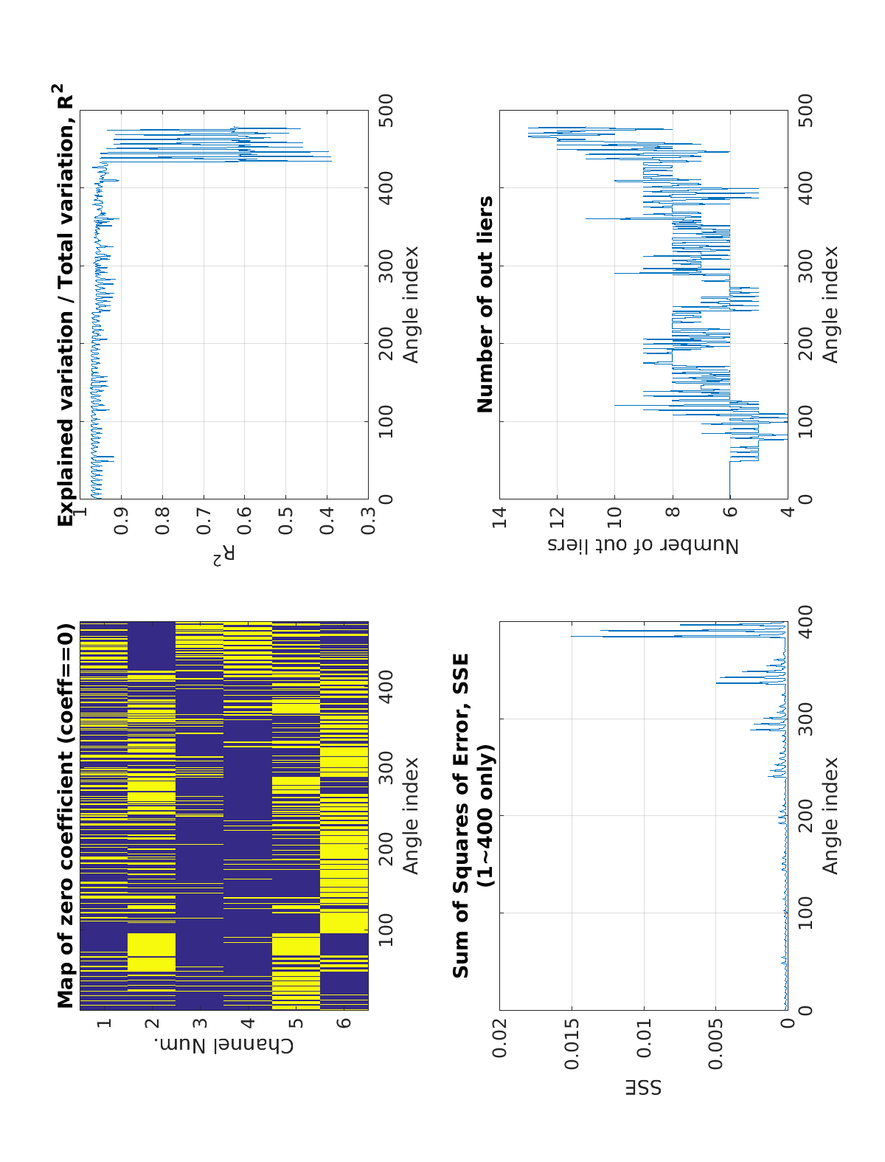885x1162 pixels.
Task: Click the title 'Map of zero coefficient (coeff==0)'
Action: (66, 816)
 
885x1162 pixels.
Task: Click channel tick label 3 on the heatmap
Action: (201, 1023)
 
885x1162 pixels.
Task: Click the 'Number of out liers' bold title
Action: (485, 304)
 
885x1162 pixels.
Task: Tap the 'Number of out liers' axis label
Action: (643, 545)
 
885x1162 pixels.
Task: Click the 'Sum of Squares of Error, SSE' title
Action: (462, 816)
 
